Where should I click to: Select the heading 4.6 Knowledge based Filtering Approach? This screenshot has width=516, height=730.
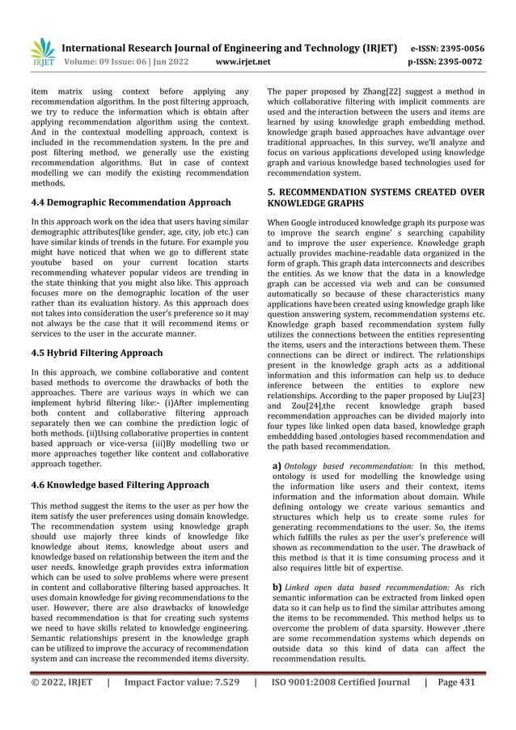(120, 485)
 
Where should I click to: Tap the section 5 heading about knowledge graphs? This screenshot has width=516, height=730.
(376, 197)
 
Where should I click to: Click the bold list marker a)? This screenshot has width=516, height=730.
(277, 466)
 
